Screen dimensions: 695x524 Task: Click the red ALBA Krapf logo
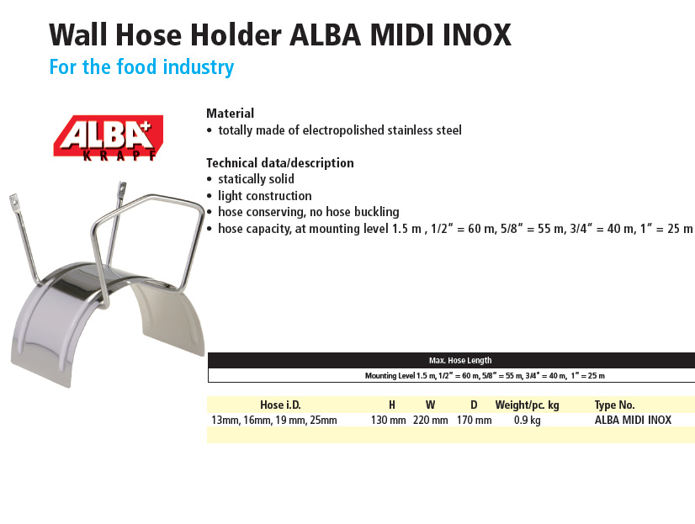pos(109,138)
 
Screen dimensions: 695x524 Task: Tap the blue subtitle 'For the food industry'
pos(141,67)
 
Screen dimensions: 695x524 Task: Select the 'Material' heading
pos(230,114)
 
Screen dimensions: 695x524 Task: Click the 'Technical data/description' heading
pos(280,163)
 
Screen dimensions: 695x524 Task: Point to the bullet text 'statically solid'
pos(256,179)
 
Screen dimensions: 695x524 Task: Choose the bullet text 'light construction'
pos(264,196)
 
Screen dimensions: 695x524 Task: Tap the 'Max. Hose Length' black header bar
pos(451,361)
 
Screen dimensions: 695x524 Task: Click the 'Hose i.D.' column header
pos(280,405)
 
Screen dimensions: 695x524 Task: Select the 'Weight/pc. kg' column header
pos(527,405)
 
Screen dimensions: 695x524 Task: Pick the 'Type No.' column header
pos(614,405)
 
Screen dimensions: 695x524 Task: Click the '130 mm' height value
pos(388,420)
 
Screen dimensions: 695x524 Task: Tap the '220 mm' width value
pos(431,420)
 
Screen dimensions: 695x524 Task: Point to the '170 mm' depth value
pos(475,420)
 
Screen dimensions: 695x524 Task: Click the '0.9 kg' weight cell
pos(527,421)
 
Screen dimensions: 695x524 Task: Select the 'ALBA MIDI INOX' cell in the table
pos(633,420)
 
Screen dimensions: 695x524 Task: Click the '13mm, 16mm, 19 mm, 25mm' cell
pos(274,420)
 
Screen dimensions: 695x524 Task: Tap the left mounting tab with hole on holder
pos(13,202)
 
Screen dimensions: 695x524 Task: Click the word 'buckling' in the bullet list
pos(377,212)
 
